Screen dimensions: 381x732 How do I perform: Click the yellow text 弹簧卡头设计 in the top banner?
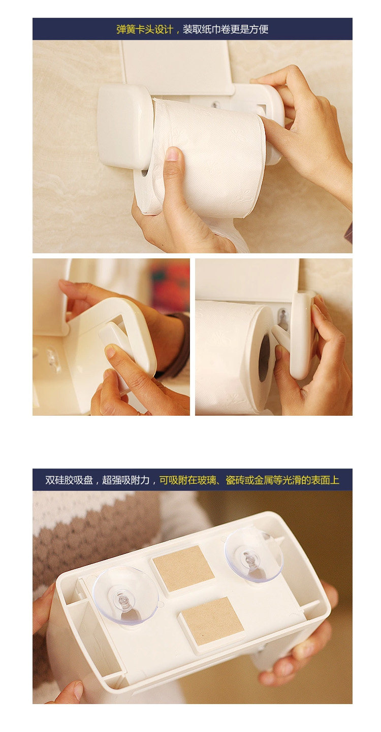pyautogui.click(x=145, y=29)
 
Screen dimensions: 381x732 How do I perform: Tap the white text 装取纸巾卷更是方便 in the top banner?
pyautogui.click(x=226, y=29)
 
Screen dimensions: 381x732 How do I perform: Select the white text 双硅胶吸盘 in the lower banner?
pyautogui.click(x=69, y=480)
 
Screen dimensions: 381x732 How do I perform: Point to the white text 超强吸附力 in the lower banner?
pyautogui.click(x=125, y=480)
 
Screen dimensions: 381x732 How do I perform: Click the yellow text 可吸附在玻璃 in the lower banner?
pyautogui.click(x=188, y=480)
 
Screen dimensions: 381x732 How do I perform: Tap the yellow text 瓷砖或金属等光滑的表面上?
pyautogui.click(x=282, y=480)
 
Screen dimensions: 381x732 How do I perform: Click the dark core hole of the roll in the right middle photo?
pyautogui.click(x=264, y=358)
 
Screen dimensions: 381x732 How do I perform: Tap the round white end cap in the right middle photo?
pyautogui.click(x=303, y=335)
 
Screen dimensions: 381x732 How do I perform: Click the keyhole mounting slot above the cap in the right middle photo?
pyautogui.click(x=282, y=315)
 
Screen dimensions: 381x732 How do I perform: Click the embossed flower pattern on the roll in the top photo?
pyautogui.click(x=238, y=134)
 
